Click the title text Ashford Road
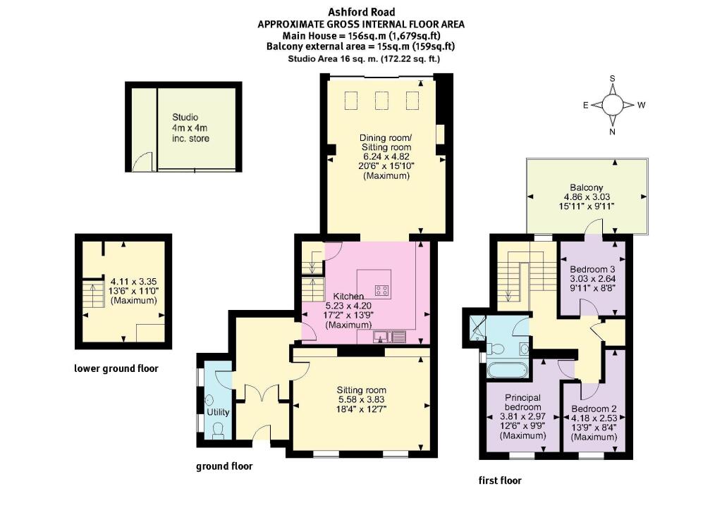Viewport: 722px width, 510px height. pyautogui.click(x=360, y=12)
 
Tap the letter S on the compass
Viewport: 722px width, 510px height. pyautogui.click(x=613, y=79)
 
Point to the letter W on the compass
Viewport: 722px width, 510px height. pyautogui.click(x=642, y=105)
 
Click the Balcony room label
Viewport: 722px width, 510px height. pyautogui.click(x=587, y=187)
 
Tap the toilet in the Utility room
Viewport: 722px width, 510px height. pyautogui.click(x=217, y=430)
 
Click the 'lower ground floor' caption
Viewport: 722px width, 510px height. pyautogui.click(x=116, y=368)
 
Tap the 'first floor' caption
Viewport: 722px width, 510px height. pyautogui.click(x=500, y=480)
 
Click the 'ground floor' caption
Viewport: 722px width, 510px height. pyautogui.click(x=224, y=466)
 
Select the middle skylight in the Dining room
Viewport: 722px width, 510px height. pyautogui.click(x=383, y=101)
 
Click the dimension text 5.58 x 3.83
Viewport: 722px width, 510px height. pyautogui.click(x=362, y=399)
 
